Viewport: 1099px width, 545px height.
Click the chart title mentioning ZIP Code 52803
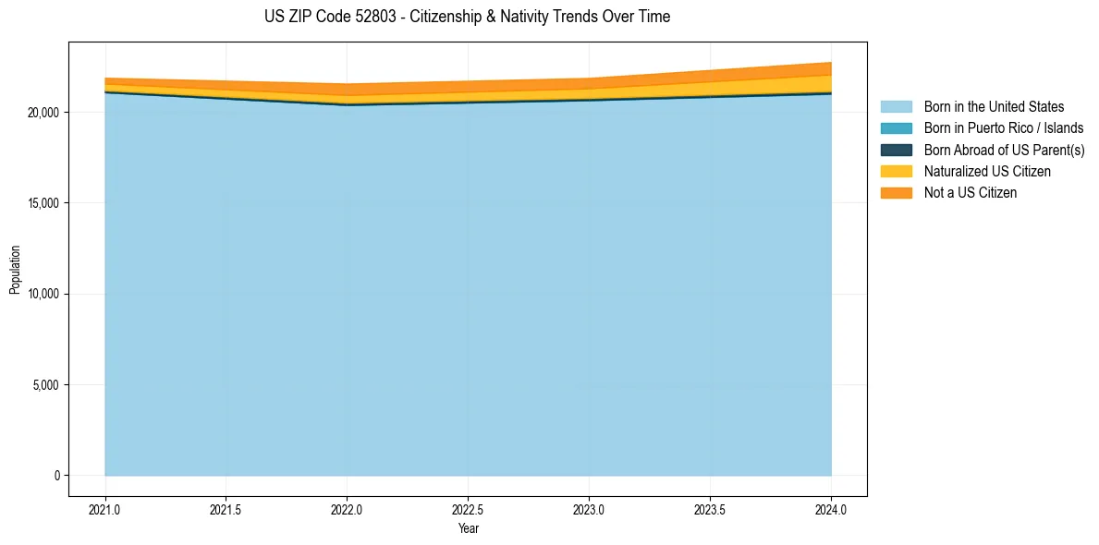pyautogui.click(x=467, y=17)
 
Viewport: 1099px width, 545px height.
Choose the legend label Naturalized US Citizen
pyautogui.click(x=987, y=171)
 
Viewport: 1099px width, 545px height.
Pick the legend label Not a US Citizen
pyautogui.click(x=971, y=192)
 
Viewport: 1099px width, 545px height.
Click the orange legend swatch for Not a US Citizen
pyautogui.click(x=896, y=192)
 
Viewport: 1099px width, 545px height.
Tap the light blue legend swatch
pyautogui.click(x=896, y=107)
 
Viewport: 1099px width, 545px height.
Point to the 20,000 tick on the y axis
pyautogui.click(x=43, y=113)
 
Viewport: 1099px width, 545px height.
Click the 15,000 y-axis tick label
pyautogui.click(x=43, y=203)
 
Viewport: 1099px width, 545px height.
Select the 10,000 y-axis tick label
pyautogui.click(x=43, y=294)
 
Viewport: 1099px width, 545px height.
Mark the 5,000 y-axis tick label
pyautogui.click(x=46, y=384)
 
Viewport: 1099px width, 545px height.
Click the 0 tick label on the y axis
pyautogui.click(x=55, y=476)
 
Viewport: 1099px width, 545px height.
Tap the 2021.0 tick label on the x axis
pyautogui.click(x=105, y=509)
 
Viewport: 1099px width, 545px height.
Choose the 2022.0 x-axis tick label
pyautogui.click(x=347, y=509)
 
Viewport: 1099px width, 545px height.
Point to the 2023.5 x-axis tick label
pyautogui.click(x=710, y=509)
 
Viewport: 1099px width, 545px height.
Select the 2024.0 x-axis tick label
pyautogui.click(x=831, y=509)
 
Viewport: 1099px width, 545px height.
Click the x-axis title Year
pyautogui.click(x=468, y=528)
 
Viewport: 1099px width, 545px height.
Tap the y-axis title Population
pyautogui.click(x=15, y=269)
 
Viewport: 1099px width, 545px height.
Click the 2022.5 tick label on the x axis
pyautogui.click(x=468, y=509)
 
